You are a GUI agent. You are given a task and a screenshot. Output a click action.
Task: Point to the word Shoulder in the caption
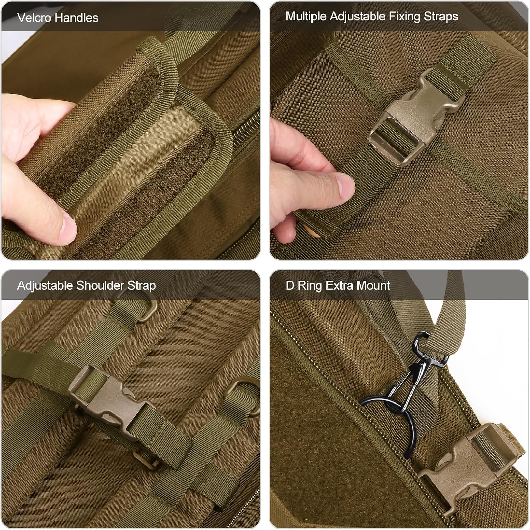point(100,285)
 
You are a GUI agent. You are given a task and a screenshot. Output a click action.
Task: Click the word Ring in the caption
point(310,285)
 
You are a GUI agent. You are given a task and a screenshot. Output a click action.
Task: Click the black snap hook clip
point(423,367)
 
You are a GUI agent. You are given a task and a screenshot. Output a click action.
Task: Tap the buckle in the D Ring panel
point(467,466)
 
